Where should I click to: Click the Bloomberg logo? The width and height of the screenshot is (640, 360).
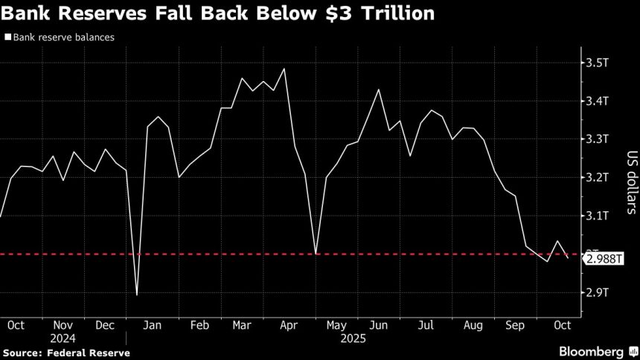(x=591, y=351)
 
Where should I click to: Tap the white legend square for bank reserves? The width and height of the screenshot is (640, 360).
(x=7, y=36)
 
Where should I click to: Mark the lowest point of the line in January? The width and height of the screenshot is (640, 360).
(x=137, y=295)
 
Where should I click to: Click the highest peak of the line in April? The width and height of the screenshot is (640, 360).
(x=285, y=68)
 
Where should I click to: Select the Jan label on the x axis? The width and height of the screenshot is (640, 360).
(x=153, y=325)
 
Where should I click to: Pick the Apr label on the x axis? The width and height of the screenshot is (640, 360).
(x=289, y=325)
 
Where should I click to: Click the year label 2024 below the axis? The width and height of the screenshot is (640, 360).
(x=63, y=338)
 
